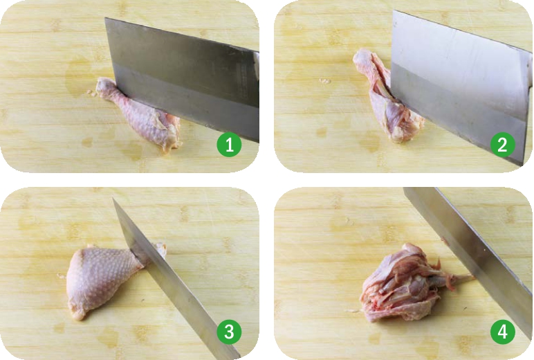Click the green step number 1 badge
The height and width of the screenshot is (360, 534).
(229, 144)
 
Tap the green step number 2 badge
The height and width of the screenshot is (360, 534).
(503, 144)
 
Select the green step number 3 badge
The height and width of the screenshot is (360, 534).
(229, 331)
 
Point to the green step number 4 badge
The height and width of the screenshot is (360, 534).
(503, 331)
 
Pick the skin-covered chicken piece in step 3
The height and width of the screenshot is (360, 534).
(100, 280)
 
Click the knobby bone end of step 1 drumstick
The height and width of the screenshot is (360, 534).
(104, 85)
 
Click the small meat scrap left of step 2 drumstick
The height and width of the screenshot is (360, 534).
(324, 81)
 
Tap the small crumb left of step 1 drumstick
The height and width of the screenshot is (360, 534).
(90, 91)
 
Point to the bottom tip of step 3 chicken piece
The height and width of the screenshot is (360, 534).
(77, 317)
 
